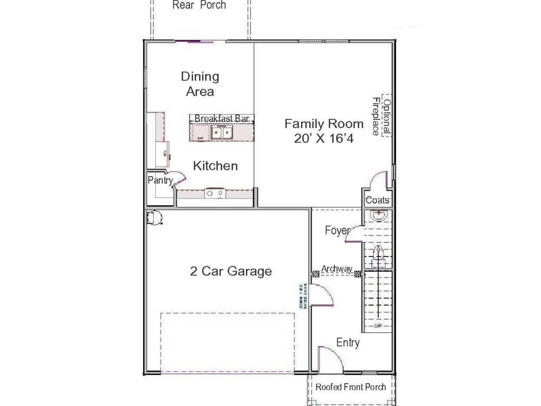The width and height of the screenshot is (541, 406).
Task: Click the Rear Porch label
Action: coord(199,5)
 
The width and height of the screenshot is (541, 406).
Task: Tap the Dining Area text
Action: coord(200,84)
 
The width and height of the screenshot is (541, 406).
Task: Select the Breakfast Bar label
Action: coord(222,118)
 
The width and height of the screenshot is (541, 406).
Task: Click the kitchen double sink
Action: coord(221,132)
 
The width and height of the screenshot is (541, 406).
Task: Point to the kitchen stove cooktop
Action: coord(215,193)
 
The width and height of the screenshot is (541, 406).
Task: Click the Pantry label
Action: coord(160,180)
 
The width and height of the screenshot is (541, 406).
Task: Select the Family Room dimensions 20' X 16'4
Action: coord(324,138)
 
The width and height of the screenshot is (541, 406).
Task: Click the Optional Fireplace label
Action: coord(381,116)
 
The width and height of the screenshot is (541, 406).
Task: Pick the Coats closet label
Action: coord(377,200)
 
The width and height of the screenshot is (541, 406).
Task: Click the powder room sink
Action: coord(379,215)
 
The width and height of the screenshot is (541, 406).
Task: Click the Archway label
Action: coord(337,269)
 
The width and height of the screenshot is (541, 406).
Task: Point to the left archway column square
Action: coord(316,274)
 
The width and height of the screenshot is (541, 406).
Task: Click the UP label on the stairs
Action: coord(378,326)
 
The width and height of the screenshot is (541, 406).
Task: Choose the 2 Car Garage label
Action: coord(231,271)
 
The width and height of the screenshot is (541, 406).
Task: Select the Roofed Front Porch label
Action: coord(351,387)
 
